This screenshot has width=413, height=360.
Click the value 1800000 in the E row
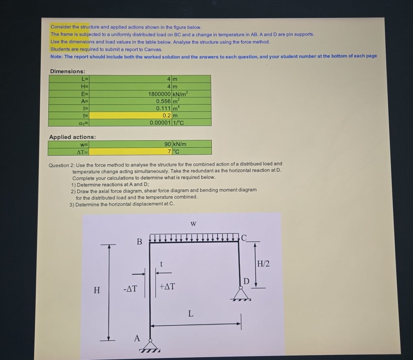[x=159, y=94]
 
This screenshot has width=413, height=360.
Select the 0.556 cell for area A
[x=164, y=101]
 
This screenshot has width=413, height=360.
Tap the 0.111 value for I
[x=164, y=108]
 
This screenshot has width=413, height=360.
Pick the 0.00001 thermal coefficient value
[x=160, y=122]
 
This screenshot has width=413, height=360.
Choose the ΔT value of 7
[x=169, y=151]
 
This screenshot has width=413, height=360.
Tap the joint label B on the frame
[x=139, y=242]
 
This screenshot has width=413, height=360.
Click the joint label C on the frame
[x=244, y=238]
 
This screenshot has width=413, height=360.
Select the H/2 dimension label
[x=264, y=264]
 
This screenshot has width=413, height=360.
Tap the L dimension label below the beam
[x=191, y=314]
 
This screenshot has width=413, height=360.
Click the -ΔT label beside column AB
[x=130, y=289]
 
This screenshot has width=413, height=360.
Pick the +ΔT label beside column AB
[x=167, y=286]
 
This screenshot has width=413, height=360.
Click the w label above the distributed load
[x=193, y=224]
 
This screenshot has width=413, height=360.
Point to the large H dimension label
[x=97, y=290]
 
